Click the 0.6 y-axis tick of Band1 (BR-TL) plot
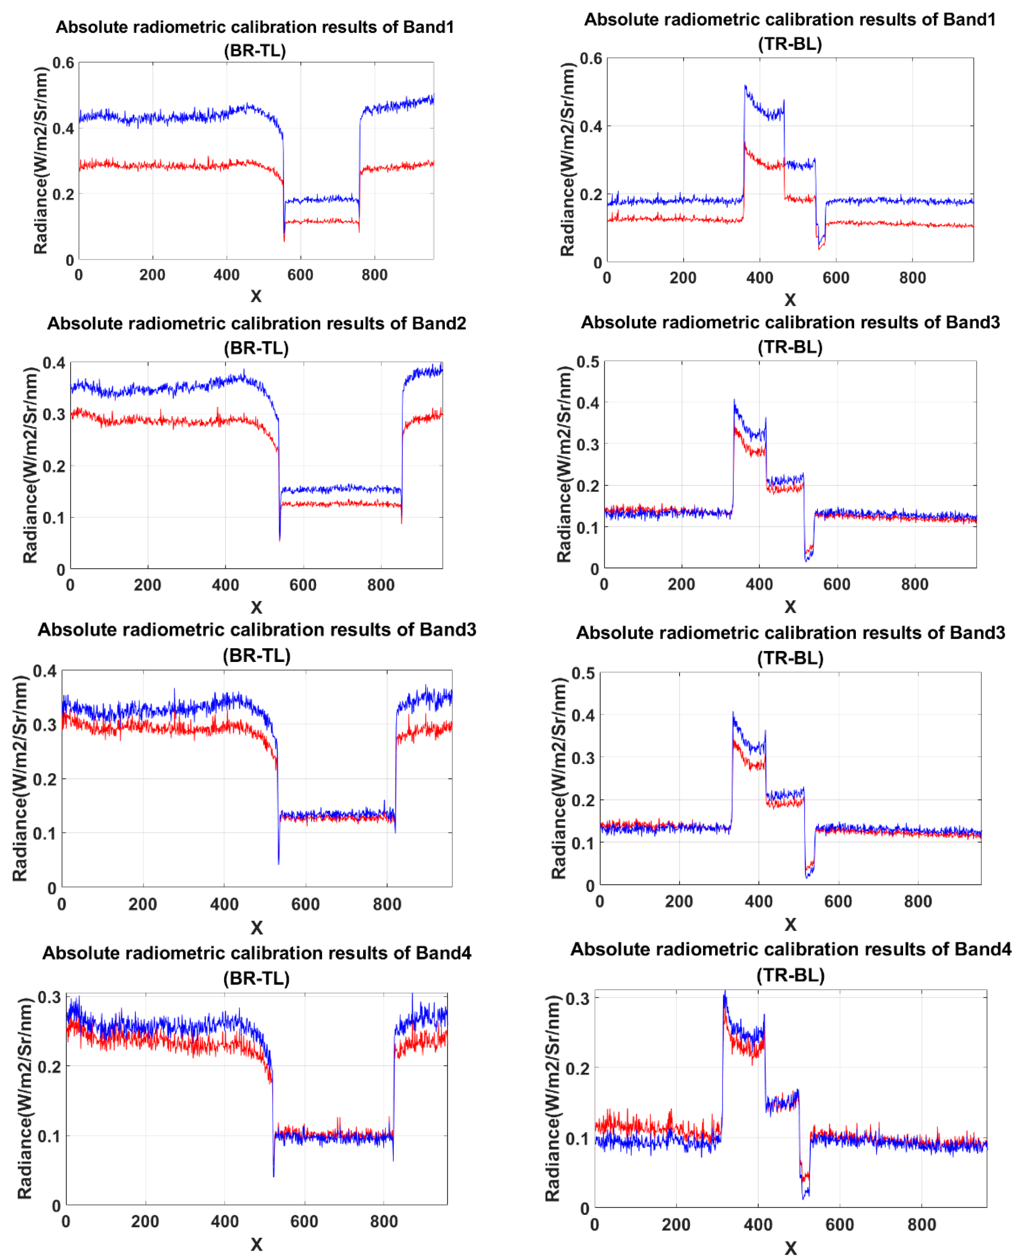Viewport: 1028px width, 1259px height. [63, 63]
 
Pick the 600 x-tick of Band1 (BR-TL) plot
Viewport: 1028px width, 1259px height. [300, 275]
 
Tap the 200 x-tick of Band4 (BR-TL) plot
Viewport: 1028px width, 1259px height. [145, 1221]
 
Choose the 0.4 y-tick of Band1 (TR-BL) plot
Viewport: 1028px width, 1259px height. [590, 126]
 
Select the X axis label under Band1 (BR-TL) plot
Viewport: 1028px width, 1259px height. [256, 296]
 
